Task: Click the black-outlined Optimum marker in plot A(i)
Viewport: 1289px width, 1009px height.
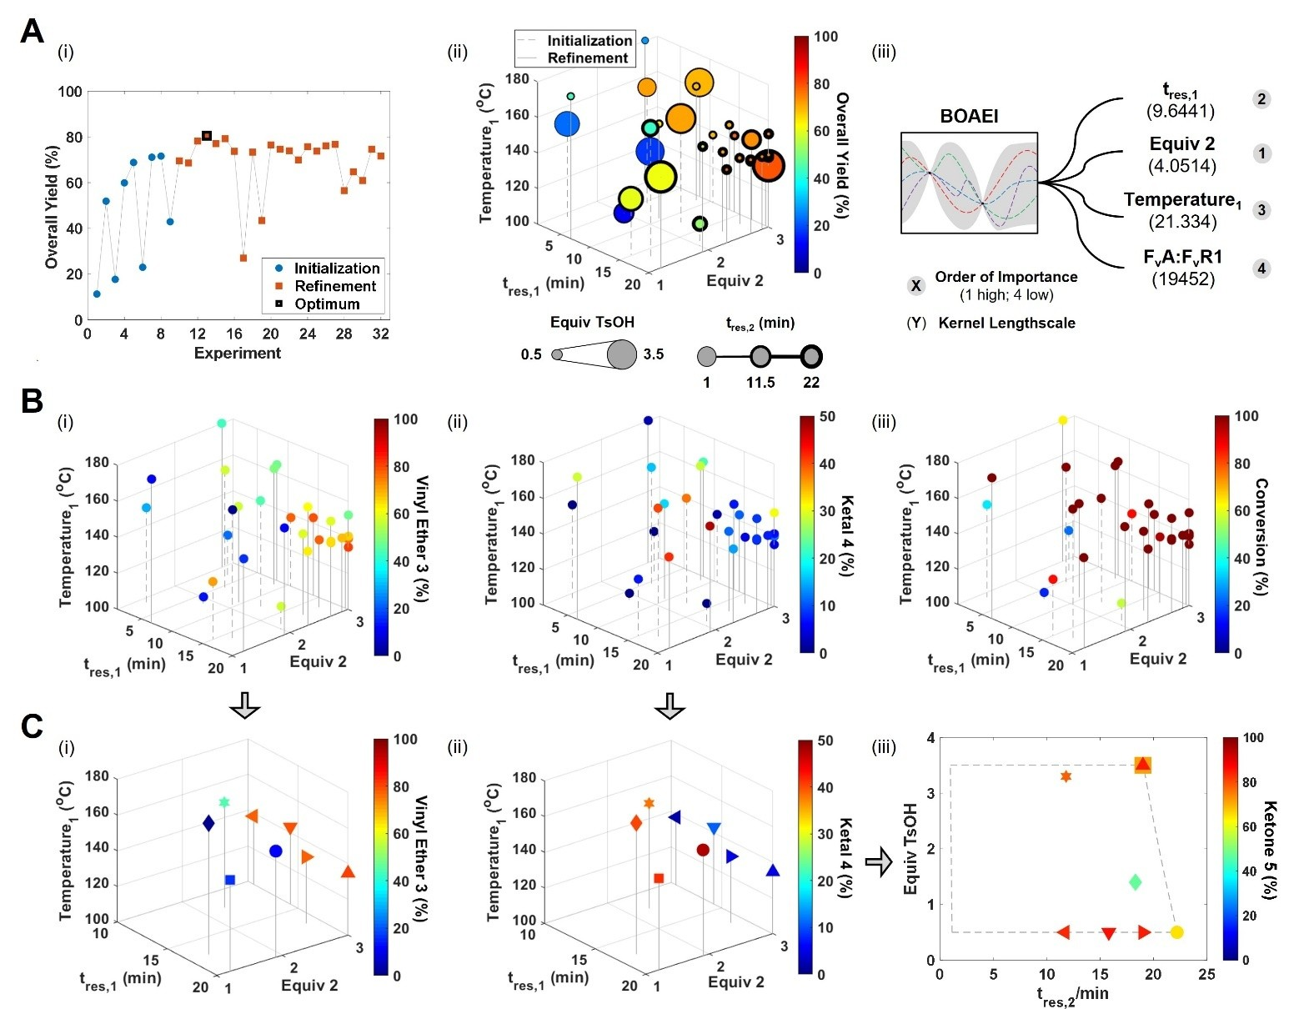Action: coord(207,136)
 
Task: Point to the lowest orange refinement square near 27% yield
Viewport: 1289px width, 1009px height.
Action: coord(243,259)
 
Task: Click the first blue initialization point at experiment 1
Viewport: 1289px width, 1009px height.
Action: coord(97,294)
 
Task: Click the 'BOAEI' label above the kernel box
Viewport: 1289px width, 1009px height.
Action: coord(969,117)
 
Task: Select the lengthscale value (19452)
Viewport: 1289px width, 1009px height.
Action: coord(1182,279)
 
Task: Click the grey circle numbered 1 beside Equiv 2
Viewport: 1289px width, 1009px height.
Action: coord(1261,153)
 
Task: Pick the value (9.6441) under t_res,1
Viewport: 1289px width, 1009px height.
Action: coord(1181,111)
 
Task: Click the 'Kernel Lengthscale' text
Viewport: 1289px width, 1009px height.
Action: coord(1006,323)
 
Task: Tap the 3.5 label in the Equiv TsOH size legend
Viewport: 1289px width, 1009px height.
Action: coord(654,354)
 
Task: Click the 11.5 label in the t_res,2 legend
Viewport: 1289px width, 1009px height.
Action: coord(760,383)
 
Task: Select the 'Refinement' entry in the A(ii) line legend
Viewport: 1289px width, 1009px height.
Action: coord(587,58)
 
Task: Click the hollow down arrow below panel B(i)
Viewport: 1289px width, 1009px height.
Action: coord(244,705)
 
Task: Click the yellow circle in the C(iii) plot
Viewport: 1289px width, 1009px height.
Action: coord(1176,932)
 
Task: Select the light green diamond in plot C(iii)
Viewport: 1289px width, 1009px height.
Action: coord(1135,882)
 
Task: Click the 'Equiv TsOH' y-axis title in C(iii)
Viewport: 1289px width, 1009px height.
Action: coord(911,849)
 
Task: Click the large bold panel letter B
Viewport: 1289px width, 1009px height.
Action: coord(32,401)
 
